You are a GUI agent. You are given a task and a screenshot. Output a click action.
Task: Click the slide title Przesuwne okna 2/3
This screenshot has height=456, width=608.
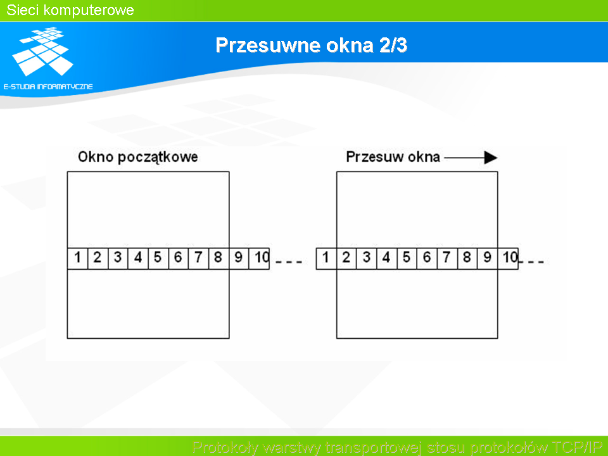click(312, 45)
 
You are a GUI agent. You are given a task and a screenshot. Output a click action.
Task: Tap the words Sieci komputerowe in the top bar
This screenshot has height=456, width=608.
click(70, 10)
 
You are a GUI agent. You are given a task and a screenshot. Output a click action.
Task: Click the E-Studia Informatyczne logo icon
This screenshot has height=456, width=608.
click(42, 51)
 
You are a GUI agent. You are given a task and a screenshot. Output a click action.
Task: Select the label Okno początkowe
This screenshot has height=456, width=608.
click(137, 157)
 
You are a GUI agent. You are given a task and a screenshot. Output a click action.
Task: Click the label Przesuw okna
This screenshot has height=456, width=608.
click(393, 157)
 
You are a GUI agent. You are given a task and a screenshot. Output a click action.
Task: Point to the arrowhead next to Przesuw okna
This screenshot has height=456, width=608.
click(490, 158)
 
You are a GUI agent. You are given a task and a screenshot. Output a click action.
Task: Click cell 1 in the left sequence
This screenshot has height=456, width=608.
click(77, 258)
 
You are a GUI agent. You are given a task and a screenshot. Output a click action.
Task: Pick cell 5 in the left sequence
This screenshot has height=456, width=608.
click(158, 258)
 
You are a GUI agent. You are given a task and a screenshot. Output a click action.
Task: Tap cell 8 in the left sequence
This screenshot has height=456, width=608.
click(218, 258)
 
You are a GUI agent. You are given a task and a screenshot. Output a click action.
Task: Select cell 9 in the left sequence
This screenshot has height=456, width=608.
click(239, 258)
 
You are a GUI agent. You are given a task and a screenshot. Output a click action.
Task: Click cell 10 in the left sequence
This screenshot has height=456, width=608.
click(259, 258)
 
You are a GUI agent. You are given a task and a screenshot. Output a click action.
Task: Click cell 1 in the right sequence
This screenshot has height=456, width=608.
click(327, 258)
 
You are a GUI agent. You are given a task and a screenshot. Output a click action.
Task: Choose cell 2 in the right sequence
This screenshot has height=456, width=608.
click(346, 258)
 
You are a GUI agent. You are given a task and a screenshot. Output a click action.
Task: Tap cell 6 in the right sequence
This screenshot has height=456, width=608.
click(427, 258)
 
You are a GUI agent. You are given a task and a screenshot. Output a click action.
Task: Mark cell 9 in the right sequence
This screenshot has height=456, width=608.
click(488, 258)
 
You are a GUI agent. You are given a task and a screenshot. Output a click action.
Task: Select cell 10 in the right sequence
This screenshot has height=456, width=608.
click(508, 258)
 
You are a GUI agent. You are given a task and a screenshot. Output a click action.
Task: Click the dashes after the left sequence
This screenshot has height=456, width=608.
click(289, 262)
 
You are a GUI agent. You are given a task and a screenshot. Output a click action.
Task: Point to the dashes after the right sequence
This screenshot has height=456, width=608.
click(531, 262)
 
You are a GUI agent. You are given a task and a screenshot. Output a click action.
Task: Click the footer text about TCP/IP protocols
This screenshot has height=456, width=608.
click(397, 447)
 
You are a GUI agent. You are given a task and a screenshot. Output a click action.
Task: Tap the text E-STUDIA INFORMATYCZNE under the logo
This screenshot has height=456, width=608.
click(48, 87)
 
